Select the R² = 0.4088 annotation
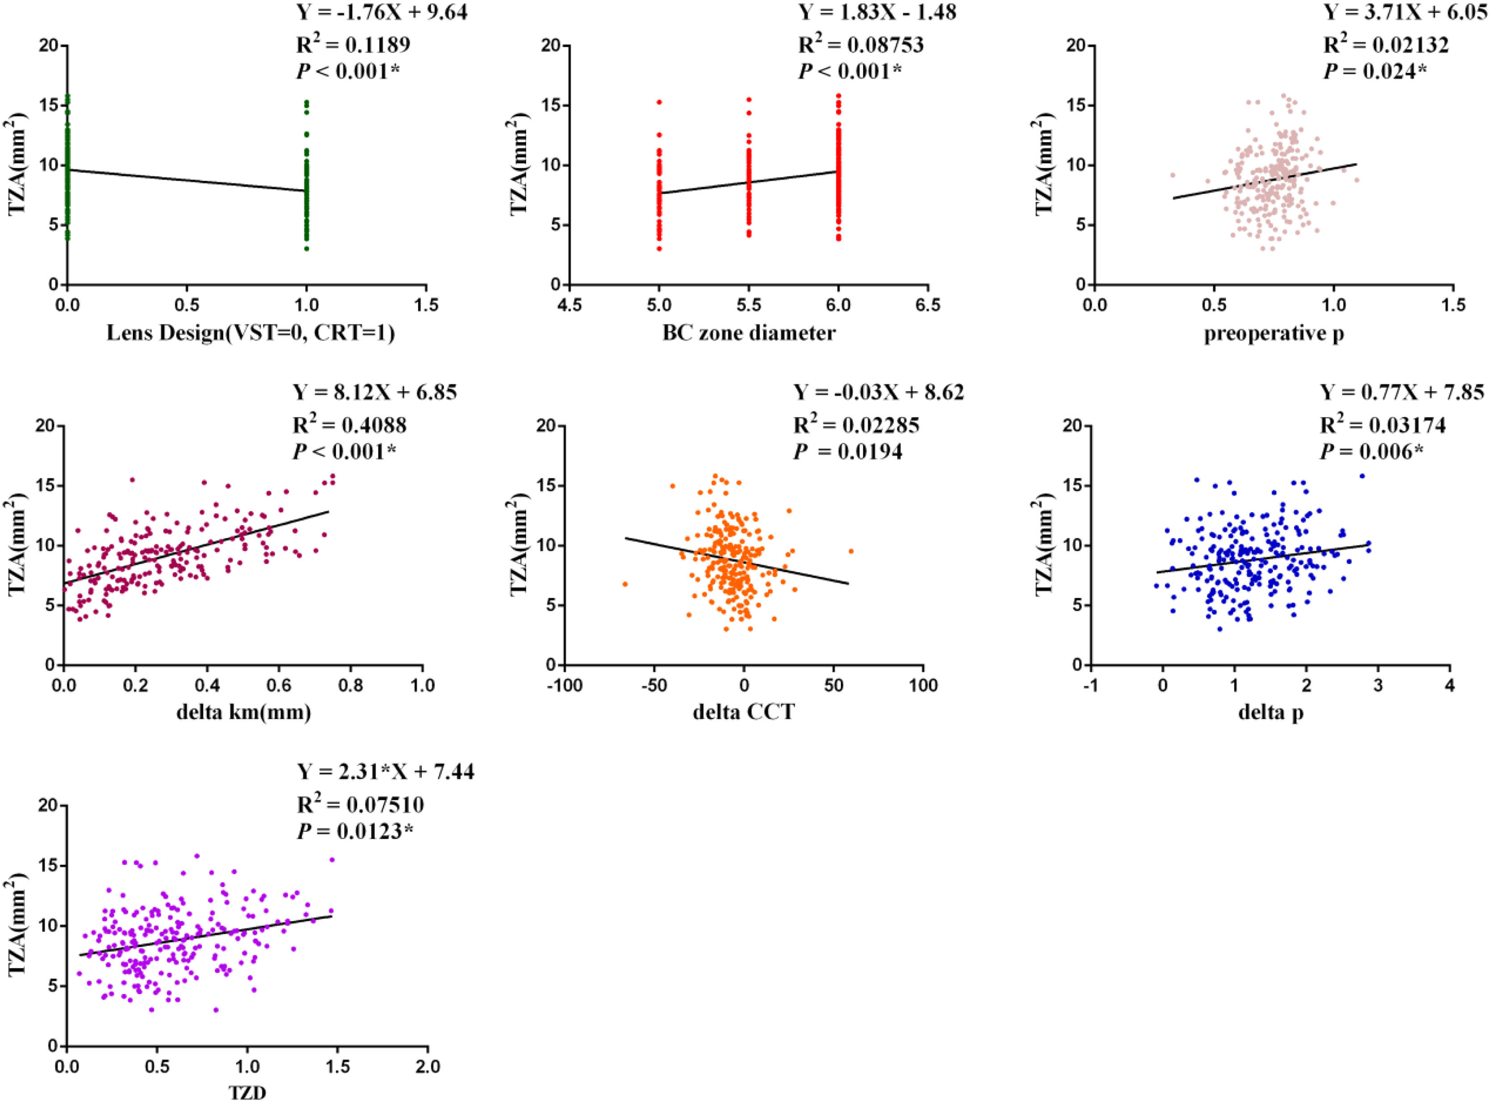pyautogui.click(x=350, y=424)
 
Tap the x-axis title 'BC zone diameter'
pyautogui.click(x=748, y=332)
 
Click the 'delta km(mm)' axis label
pyautogui.click(x=244, y=713)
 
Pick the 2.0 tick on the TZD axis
pyautogui.click(x=427, y=1065)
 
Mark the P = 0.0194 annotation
pyautogui.click(x=847, y=452)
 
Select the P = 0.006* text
pyautogui.click(x=1372, y=452)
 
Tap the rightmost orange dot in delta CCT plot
pyautogui.click(x=851, y=551)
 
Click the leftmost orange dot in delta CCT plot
pyautogui.click(x=625, y=584)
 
